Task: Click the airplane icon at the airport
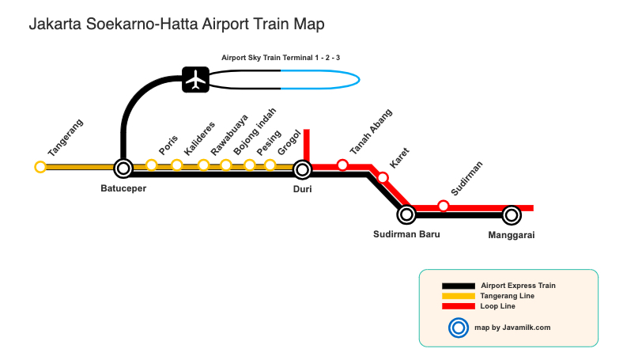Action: pos(194,79)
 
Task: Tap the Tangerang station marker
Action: pos(40,167)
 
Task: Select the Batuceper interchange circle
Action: pos(123,168)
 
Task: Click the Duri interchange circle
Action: pos(302,169)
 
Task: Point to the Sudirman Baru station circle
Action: pos(406,214)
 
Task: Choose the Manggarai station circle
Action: pos(512,214)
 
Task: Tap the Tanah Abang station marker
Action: pos(342,165)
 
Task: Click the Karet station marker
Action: pos(383,177)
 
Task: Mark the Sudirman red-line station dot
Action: pos(444,206)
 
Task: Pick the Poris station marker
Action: pos(152,165)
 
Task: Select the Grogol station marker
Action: pos(270,165)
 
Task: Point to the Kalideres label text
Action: pos(199,138)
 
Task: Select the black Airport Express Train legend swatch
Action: pos(458,286)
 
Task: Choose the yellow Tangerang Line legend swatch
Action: pos(458,296)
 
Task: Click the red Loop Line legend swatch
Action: pos(458,306)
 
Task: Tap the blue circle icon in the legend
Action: pos(458,327)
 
